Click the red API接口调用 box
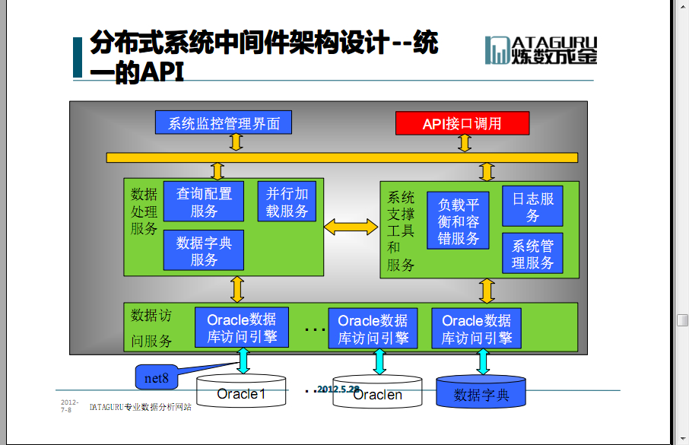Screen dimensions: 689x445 coord(462,123)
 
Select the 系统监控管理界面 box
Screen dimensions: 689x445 coord(224,122)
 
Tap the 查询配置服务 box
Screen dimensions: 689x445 coord(204,202)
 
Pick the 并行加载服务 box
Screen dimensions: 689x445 coord(287,202)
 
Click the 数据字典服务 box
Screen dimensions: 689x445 coord(204,250)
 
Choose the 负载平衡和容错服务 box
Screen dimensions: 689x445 coord(458,221)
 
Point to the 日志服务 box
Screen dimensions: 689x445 coord(532,206)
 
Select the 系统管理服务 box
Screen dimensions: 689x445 coord(532,253)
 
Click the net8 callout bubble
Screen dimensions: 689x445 coord(157,377)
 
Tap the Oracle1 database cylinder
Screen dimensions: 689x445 coord(241,391)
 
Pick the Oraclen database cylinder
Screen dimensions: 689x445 coord(377,392)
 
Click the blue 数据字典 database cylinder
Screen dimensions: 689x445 coord(481,391)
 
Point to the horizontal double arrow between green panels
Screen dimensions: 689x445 coord(351,227)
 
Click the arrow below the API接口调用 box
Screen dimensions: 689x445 coord(465,143)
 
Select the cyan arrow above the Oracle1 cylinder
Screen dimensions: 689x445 coord(243,361)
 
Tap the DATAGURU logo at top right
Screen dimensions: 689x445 coord(541,50)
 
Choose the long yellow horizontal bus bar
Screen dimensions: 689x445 coord(342,157)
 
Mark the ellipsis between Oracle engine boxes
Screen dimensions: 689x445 coord(315,329)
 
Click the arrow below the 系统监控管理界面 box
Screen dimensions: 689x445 coord(237,142)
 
